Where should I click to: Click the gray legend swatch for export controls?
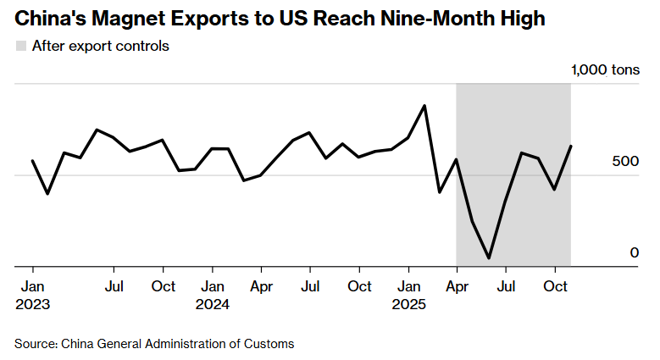point(20,46)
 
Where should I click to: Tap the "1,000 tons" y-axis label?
point(605,69)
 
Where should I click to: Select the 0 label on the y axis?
point(634,252)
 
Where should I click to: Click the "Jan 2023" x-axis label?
point(32,295)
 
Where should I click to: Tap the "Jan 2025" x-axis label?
point(409,295)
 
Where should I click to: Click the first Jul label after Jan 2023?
point(114,286)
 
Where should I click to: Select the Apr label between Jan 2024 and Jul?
point(262,286)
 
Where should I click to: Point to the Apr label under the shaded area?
point(458,286)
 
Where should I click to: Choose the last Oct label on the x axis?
point(555,286)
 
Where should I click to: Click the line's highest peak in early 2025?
point(424,106)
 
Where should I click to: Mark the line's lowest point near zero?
point(489,258)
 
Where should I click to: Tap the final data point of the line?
point(571,146)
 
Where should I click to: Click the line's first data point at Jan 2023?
point(32,161)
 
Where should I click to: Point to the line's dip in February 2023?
point(47,194)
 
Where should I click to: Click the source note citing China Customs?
point(154,343)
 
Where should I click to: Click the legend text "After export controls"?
point(100,46)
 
